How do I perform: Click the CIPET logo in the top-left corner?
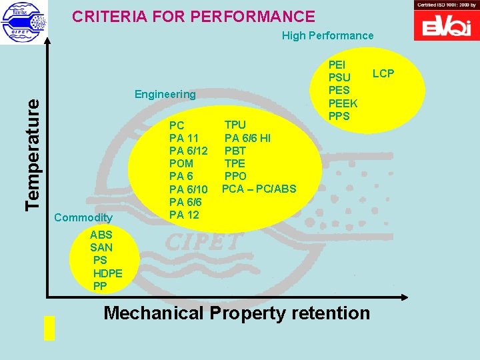pos(25,22)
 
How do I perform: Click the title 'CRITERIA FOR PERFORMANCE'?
pos(193,17)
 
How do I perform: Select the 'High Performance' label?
pos(327,35)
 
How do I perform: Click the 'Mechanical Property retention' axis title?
pos(237,313)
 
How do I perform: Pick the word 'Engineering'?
pos(165,94)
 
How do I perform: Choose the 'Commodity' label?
pos(83,218)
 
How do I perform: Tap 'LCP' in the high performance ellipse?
pos(383,73)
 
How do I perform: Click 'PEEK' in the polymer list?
pos(343,103)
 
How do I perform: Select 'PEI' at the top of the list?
pos(337,65)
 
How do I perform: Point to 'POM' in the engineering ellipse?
pos(181,163)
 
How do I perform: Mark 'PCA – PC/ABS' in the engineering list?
pos(259,189)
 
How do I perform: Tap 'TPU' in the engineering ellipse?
pos(235,125)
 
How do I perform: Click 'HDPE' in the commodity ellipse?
pos(107,273)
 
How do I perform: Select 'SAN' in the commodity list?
pos(101,247)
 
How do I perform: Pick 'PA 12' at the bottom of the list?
pos(184,214)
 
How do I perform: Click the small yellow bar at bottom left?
pos(49,327)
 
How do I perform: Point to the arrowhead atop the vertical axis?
pos(48,38)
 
